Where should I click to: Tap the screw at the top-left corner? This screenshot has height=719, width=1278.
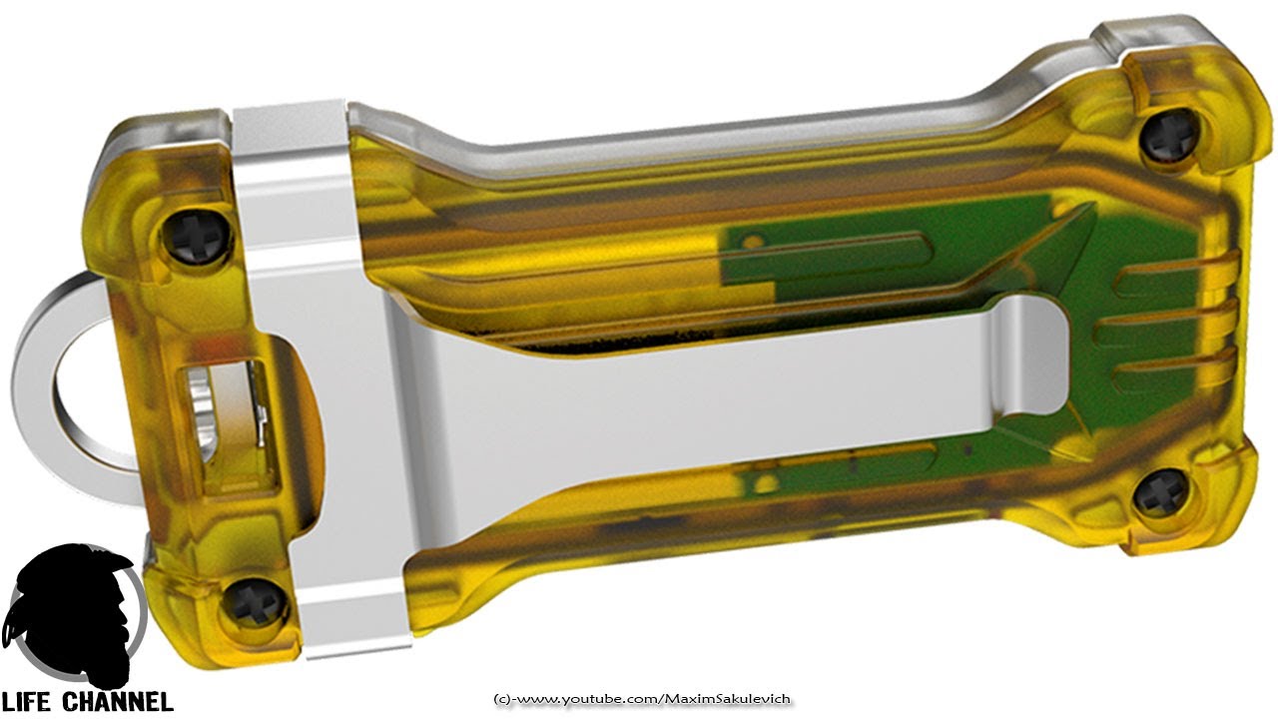click(x=198, y=235)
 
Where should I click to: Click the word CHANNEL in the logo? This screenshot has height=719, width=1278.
click(x=117, y=701)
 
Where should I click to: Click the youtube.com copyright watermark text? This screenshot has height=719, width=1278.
click(x=642, y=699)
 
